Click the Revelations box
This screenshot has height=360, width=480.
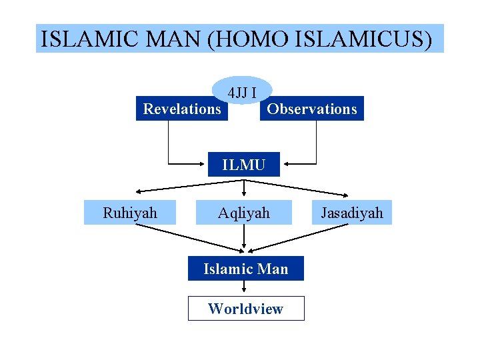click(x=182, y=109)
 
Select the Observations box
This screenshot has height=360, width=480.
click(x=311, y=109)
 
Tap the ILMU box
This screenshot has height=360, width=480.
click(x=243, y=164)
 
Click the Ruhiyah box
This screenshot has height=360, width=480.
click(x=129, y=213)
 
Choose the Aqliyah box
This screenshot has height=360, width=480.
click(x=244, y=213)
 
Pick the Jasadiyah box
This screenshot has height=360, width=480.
click(x=352, y=213)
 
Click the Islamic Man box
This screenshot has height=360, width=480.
click(x=245, y=269)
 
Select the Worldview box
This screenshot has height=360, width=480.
click(x=245, y=309)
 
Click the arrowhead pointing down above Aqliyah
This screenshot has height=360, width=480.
click(x=245, y=195)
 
